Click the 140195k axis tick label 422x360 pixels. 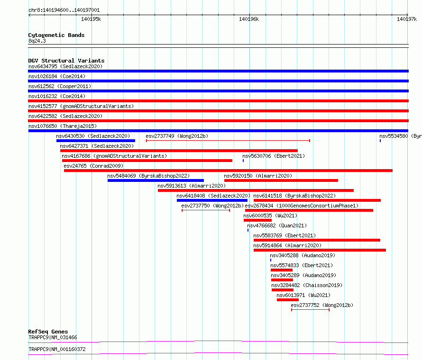(91, 19)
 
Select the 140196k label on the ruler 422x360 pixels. (249, 19)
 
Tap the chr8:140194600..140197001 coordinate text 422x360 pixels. (64, 10)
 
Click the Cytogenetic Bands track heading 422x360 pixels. (56, 35)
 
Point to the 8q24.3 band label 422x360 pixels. (37, 41)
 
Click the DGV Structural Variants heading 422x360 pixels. (66, 61)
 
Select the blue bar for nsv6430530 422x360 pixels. (96, 141)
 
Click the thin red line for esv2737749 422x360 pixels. (228, 141)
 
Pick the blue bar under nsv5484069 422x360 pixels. (156, 180)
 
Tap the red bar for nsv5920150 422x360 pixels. (281, 180)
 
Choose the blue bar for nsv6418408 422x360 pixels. (212, 200)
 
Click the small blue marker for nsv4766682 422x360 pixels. (248, 230)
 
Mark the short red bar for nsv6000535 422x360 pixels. (257, 220)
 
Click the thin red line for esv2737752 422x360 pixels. (310, 310)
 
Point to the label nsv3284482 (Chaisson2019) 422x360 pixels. (307, 285)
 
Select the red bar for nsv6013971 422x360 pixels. (288, 300)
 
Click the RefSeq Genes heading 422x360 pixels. (48, 332)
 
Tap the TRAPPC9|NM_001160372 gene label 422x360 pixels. (57, 349)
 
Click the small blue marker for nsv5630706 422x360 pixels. (243, 161)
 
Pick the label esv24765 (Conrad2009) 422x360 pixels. (93, 166)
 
